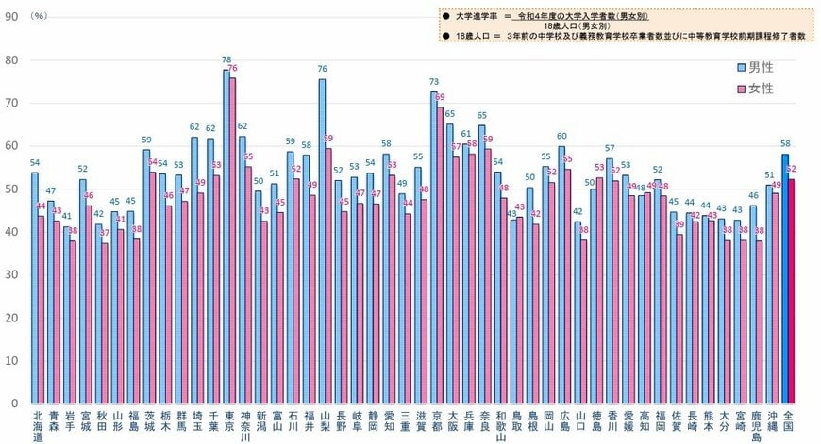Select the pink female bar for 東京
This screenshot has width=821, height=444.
233,241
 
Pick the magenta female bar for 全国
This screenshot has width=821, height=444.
792,292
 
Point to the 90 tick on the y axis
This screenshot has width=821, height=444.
10,17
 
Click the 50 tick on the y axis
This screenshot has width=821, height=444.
10,189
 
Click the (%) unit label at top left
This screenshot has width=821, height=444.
42,16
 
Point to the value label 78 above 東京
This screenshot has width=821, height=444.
226,59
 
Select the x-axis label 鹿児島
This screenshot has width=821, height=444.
756,425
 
